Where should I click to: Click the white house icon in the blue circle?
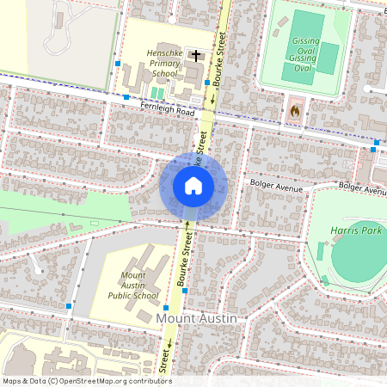tap(193, 186)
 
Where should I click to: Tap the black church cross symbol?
tap(197, 56)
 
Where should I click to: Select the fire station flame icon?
tap(294, 110)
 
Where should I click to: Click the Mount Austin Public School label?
tap(133, 286)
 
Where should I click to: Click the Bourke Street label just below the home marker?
tap(183, 258)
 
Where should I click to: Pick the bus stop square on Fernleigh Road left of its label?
tap(126, 98)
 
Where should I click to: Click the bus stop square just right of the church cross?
tap(207, 82)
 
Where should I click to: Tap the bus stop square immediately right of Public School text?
tap(186, 293)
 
